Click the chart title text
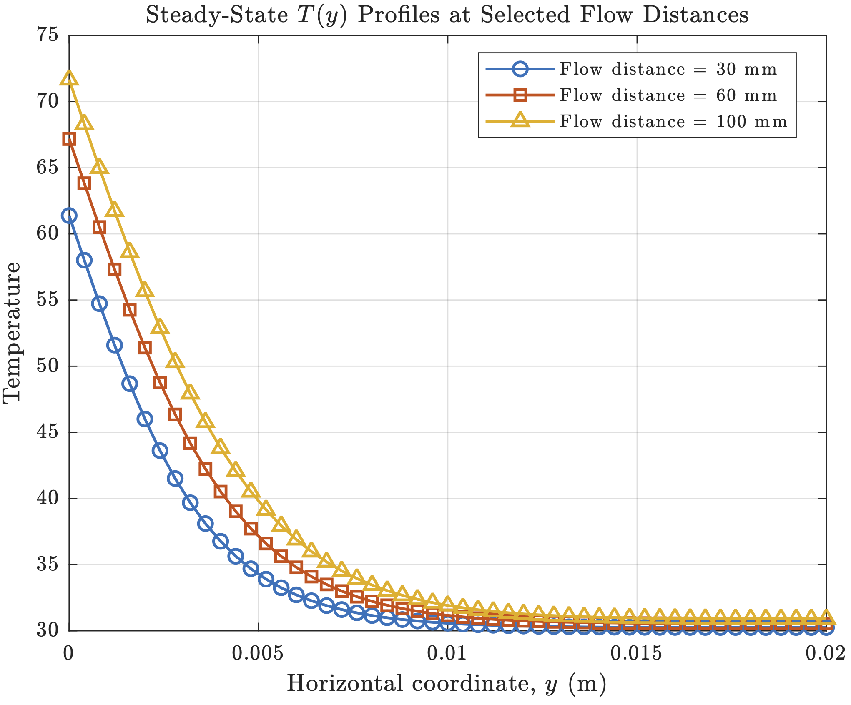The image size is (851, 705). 447,15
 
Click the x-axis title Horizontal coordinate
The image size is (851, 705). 446,684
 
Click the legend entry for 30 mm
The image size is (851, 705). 668,69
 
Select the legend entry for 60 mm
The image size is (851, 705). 668,95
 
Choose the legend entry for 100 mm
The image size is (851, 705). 673,122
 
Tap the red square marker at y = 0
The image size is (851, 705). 69,139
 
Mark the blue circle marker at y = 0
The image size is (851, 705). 69,216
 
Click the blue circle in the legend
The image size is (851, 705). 520,69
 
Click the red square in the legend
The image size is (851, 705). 520,95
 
